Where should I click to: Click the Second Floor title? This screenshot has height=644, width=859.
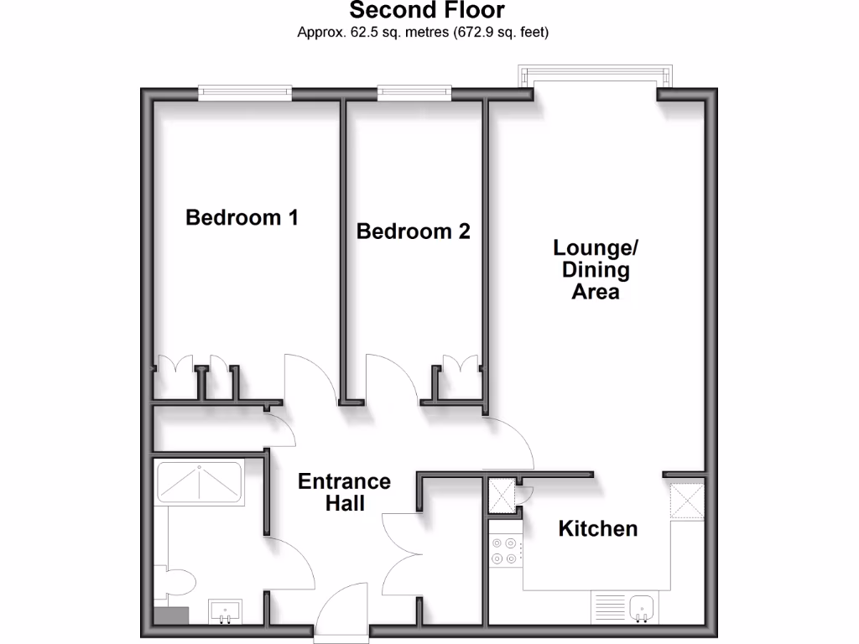click(427, 11)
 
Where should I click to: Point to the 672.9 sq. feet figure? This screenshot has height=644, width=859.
click(501, 33)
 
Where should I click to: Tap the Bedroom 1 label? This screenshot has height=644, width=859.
click(242, 218)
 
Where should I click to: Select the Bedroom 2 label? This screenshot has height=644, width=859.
click(413, 231)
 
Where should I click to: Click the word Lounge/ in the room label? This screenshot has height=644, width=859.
click(596, 248)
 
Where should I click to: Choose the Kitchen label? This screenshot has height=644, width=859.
click(597, 529)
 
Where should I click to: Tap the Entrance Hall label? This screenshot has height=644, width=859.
click(344, 492)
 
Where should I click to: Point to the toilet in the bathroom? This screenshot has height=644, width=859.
click(178, 580)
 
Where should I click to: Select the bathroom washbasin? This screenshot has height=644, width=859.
click(224, 610)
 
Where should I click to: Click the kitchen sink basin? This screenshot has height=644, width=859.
click(643, 606)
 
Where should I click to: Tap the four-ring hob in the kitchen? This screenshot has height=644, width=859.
click(504, 550)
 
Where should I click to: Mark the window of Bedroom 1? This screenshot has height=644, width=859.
click(245, 93)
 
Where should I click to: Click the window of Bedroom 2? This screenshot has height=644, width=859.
click(414, 93)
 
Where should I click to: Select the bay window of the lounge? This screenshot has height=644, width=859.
click(596, 78)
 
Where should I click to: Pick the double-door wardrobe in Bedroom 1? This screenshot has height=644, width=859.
click(175, 367)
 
